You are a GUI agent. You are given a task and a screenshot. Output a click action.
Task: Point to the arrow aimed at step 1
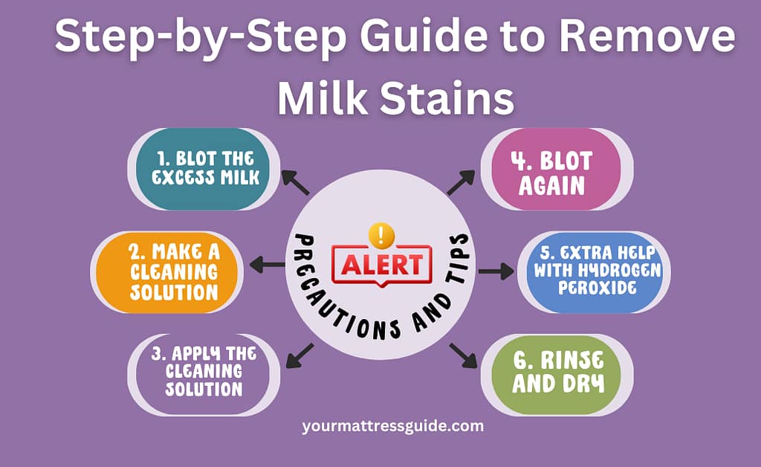297,183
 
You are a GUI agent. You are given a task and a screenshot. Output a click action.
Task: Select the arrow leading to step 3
299,355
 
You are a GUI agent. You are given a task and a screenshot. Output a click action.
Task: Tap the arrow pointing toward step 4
461,182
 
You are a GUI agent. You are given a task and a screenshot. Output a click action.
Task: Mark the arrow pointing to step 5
496,271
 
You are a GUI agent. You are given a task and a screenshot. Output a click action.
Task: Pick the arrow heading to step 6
463,355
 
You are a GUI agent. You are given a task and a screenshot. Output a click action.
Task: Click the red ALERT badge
381,264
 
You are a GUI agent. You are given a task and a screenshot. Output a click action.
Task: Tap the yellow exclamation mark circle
381,235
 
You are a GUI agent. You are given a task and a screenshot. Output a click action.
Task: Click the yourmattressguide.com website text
393,426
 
